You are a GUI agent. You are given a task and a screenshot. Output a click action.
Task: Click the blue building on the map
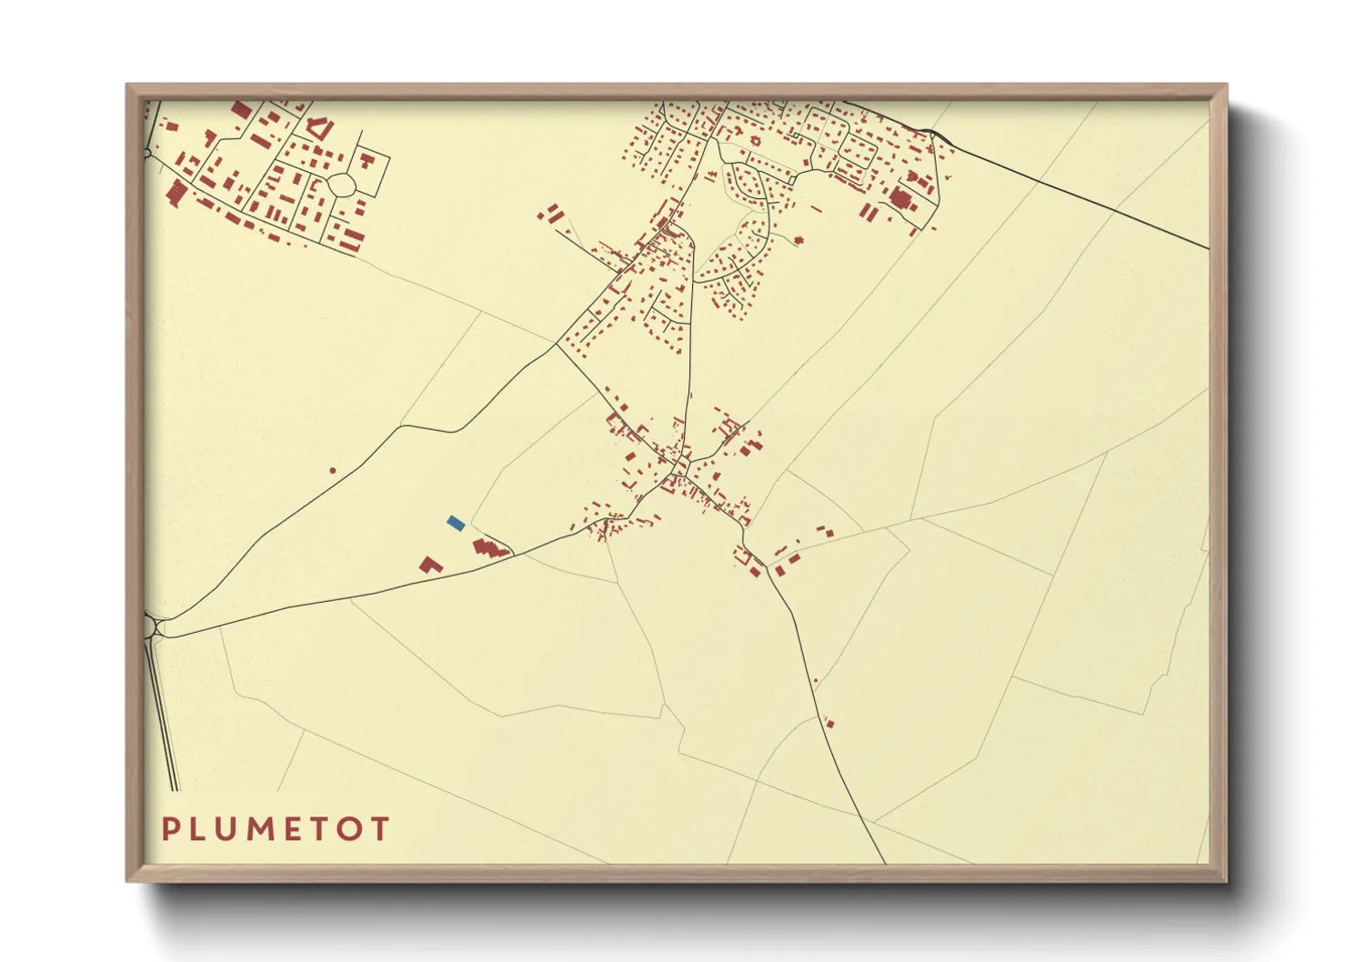[456, 523]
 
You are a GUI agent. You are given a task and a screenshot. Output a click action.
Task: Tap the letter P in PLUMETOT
[171, 829]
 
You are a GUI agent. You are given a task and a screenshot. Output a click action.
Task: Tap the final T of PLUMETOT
[380, 829]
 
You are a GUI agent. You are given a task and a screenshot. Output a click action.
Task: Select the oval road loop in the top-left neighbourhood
[343, 185]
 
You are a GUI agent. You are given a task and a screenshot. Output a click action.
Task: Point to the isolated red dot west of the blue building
[333, 470]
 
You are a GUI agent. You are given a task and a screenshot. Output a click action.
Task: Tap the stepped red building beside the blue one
[488, 547]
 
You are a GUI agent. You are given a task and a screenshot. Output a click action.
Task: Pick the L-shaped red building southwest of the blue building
[430, 565]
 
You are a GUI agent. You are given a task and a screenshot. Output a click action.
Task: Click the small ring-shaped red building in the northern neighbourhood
[753, 142]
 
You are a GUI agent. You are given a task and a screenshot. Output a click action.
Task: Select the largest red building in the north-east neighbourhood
[903, 200]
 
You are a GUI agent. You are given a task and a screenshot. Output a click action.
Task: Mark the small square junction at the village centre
[678, 470]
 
